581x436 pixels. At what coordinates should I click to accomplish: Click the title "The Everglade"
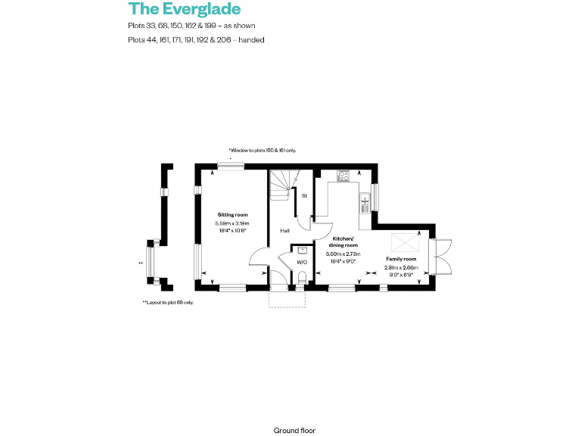pos(185,9)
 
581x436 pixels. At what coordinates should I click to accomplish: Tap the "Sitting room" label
pos(232,216)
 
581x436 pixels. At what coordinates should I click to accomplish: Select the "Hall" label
pos(284,230)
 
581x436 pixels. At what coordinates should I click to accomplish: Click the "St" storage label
pos(304,196)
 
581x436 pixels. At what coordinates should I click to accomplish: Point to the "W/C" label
pos(301,262)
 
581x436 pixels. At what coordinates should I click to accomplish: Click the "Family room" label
pos(399,259)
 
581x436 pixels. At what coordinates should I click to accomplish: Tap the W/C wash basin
pos(302,249)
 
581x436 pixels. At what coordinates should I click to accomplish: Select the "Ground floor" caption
pos(294,430)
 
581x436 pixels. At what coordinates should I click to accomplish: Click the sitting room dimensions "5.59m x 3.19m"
pos(232,224)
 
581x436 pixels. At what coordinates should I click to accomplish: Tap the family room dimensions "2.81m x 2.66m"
pos(399,267)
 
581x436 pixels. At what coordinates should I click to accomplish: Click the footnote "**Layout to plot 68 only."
pos(168,303)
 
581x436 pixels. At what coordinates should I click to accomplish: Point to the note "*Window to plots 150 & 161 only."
pos(262,151)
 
